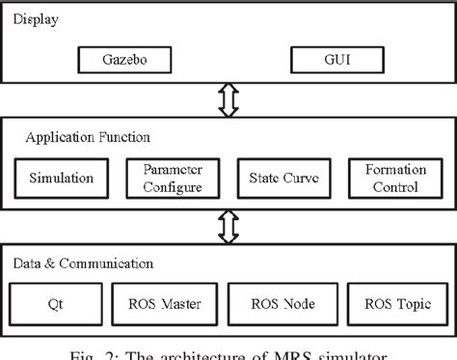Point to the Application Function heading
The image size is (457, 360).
[x=78, y=138]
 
